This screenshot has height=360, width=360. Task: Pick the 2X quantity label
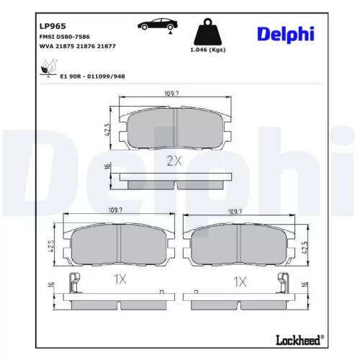[174, 161]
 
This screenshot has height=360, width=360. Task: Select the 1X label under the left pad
[120, 278]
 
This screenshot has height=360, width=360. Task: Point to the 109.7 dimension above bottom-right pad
[234, 212]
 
